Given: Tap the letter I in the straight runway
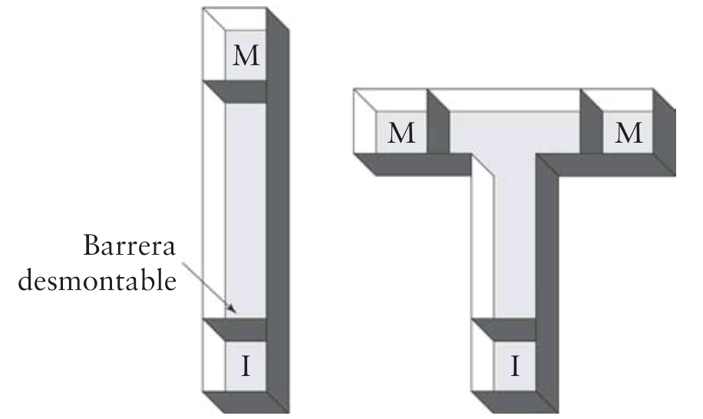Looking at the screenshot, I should (246, 367).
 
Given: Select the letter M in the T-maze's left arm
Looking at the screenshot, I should (401, 134).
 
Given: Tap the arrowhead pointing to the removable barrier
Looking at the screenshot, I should (232, 312).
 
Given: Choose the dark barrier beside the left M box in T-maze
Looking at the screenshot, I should (437, 127).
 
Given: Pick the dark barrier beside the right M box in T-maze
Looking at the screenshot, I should (592, 127).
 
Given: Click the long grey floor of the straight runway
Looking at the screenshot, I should (246, 207).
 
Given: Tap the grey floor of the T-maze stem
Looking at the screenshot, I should (515, 246).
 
